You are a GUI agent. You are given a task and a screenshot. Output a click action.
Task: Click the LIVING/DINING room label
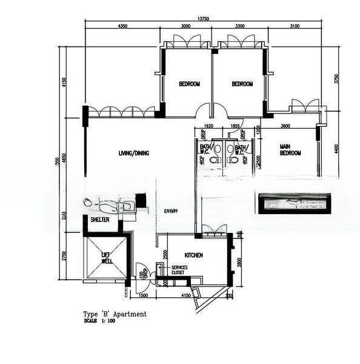pos(134,153)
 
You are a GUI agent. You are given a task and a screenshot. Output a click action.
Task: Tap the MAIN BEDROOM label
pos(290,150)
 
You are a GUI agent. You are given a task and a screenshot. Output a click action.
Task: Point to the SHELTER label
pos(100,220)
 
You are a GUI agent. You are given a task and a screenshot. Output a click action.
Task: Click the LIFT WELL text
pos(107,258)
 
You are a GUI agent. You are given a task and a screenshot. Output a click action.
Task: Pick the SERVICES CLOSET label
pos(179,270)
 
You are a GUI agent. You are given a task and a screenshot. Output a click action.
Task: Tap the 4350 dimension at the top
pos(122,27)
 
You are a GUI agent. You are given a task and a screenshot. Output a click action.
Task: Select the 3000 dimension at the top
pos(185,27)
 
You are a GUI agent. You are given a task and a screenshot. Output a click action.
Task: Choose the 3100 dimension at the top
pos(295,27)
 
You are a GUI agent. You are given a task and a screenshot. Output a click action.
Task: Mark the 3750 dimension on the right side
pos(337,79)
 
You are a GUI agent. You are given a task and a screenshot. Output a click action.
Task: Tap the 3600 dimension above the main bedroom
pos(285,126)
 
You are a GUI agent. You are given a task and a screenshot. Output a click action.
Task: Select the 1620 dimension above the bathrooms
pos(210,126)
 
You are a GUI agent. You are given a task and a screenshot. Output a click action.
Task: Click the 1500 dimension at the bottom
pos(143,295)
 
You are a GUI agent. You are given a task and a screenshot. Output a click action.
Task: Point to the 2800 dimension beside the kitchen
pos(240,261)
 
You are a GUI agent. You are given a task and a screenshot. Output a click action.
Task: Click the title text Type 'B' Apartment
pos(115,314)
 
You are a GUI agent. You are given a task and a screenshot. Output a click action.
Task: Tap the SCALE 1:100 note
pos(100,320)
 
